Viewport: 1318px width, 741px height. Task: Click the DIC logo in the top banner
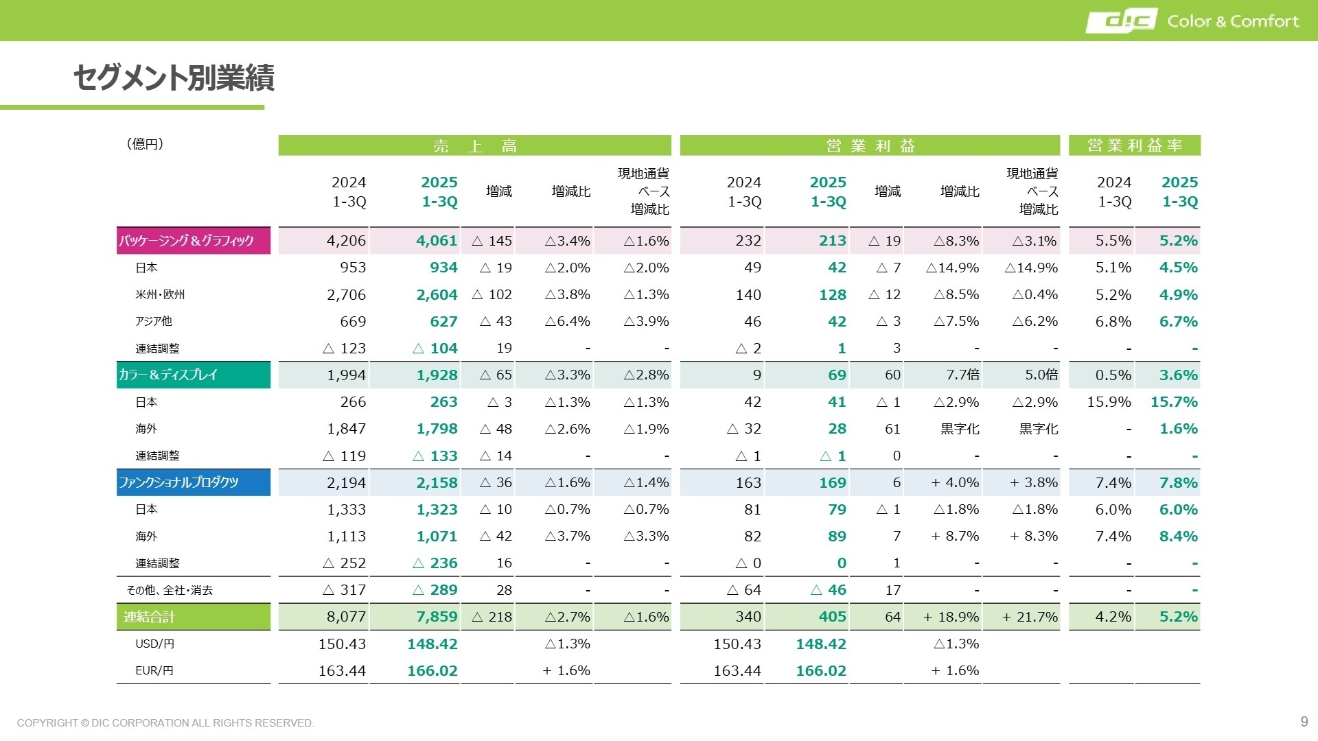tap(1121, 21)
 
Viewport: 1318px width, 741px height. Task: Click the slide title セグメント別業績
tap(174, 78)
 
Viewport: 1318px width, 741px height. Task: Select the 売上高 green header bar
tap(474, 145)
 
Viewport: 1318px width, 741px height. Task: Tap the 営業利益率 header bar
tap(1134, 145)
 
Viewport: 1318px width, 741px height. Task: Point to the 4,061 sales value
tap(437, 241)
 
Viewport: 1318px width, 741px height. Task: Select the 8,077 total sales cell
tap(346, 617)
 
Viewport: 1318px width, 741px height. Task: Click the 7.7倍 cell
tap(962, 375)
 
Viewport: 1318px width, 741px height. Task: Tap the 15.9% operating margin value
tap(1109, 402)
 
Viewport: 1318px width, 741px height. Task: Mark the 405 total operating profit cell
tap(832, 617)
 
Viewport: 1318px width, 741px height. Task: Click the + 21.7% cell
tap(1030, 617)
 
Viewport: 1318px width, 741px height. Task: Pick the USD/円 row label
tap(154, 644)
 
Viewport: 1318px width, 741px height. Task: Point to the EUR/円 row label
tap(154, 671)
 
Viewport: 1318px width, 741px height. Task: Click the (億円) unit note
tap(145, 144)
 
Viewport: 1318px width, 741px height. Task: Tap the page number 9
tap(1304, 722)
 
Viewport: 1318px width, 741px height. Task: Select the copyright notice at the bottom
tap(165, 723)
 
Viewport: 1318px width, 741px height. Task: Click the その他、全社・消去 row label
tap(170, 590)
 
